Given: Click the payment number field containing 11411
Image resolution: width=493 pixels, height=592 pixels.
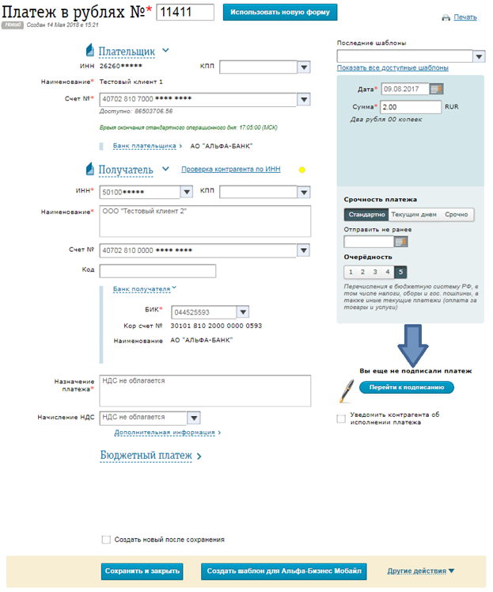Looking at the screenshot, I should point(186,12).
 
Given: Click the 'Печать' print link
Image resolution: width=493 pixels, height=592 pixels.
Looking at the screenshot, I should point(465,17).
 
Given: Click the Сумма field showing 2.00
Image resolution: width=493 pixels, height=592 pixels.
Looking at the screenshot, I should point(410,106).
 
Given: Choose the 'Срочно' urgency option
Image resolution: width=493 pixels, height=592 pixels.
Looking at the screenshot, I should point(457,214).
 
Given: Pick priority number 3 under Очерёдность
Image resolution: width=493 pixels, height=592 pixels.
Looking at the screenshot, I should point(375,272).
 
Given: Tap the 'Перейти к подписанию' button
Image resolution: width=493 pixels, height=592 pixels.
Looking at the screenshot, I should point(407,388).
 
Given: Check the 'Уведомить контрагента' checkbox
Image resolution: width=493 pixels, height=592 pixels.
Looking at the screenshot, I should point(341,418).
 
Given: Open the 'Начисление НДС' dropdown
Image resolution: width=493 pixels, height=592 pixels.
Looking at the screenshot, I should point(193,417).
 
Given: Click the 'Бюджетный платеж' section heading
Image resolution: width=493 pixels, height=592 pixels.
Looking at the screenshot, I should point(146,456).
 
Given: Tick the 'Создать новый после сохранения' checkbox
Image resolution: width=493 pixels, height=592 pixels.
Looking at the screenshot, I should point(106,540).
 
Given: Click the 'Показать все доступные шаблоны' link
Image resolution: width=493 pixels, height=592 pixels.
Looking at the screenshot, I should point(393,68).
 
